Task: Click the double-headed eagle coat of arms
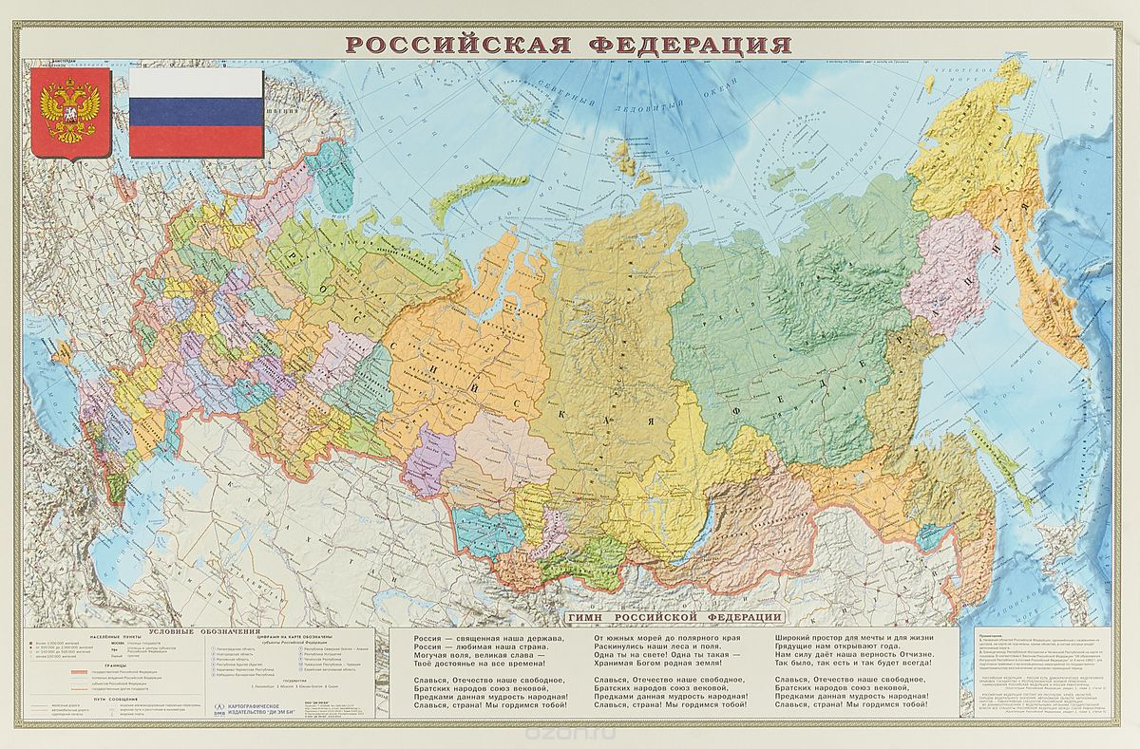[67, 113]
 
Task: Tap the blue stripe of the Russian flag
[197, 112]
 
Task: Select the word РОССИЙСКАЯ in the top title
[451, 45]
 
